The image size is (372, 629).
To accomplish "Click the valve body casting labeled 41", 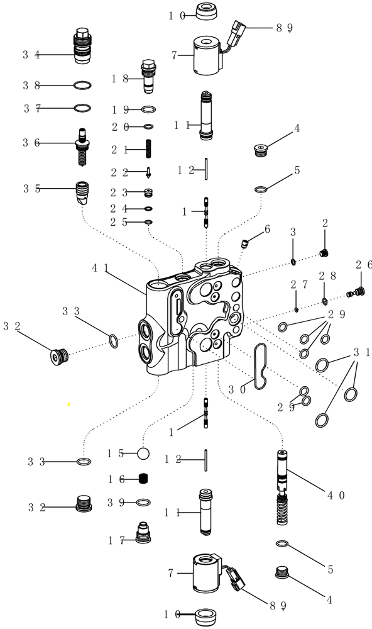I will [x=195, y=321].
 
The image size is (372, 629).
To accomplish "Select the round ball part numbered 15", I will [x=143, y=453].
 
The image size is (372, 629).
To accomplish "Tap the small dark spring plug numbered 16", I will [x=143, y=479].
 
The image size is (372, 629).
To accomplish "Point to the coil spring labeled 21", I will [x=149, y=150].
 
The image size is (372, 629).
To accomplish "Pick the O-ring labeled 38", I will [x=82, y=85].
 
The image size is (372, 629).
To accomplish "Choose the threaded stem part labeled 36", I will [x=82, y=145].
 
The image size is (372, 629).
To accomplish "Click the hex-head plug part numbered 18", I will [x=148, y=75].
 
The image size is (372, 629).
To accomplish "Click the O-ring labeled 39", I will [x=143, y=502].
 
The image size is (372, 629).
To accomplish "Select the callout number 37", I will [x=31, y=108].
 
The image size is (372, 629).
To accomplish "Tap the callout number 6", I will [x=266, y=230].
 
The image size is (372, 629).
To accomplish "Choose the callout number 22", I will [x=120, y=172].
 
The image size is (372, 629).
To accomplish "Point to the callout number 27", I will [x=298, y=286].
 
